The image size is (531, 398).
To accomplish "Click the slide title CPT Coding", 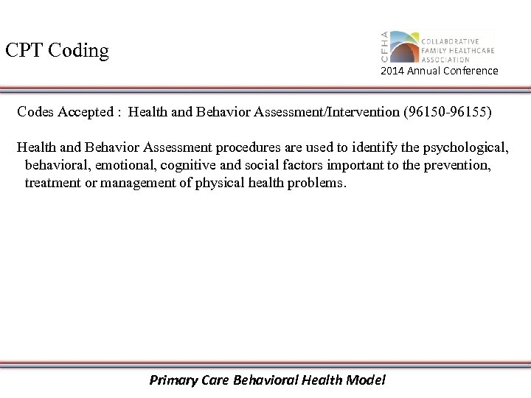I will [x=57, y=51].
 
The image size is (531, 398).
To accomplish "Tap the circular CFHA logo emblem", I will [x=404, y=46].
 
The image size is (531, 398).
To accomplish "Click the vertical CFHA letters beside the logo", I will [x=383, y=47].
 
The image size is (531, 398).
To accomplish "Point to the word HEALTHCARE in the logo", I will [x=468, y=50].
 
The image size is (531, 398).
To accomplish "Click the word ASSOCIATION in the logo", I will [x=445, y=59].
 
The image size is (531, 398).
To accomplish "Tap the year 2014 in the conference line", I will [x=392, y=71].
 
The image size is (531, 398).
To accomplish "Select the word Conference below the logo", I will [x=471, y=71].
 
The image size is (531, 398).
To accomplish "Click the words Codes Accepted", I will [x=64, y=112].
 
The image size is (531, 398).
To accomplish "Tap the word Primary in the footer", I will [x=173, y=380].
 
